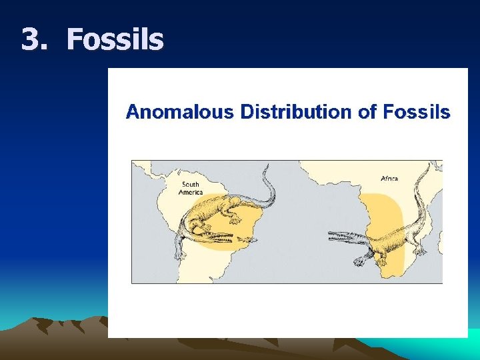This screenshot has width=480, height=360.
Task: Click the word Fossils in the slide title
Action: (115, 39)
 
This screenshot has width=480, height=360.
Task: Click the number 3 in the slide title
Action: (30, 39)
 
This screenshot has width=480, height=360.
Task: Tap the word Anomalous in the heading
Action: (179, 111)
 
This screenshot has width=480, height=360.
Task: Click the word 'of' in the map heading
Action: (367, 111)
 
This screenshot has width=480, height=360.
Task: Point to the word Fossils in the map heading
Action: (417, 111)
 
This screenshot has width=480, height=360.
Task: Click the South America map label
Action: (191, 188)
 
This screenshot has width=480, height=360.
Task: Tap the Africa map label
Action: (390, 178)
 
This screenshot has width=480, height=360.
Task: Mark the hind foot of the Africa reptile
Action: (420, 251)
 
